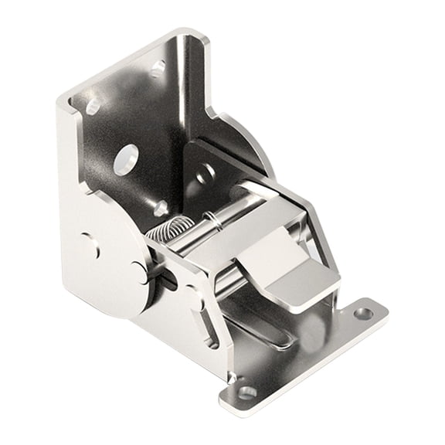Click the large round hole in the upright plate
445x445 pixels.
click(125, 159)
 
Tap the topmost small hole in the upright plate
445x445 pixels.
click(158, 69)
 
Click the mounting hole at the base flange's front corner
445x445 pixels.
click(247, 392)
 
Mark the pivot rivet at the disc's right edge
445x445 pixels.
click(138, 270)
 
